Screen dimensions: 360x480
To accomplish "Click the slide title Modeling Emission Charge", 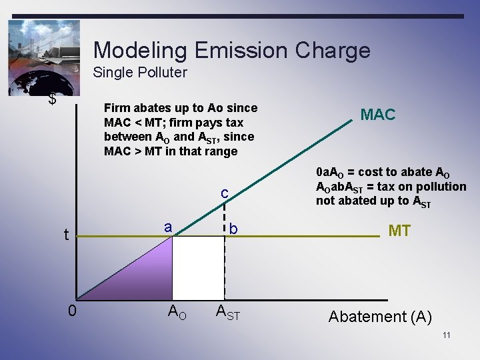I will pyautogui.click(x=231, y=50).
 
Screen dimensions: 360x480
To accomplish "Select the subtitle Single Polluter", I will pyautogui.click(x=140, y=72).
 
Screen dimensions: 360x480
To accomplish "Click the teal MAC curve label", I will pyautogui.click(x=377, y=115).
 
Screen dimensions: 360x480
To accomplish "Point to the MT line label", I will pyautogui.click(x=399, y=231).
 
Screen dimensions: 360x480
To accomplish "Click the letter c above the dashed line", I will pyautogui.click(x=225, y=193).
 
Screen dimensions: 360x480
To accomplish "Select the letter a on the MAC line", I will pyautogui.click(x=169, y=227).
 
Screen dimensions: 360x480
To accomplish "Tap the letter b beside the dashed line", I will pyautogui.click(x=233, y=229).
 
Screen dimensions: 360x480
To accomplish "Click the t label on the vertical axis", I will pyautogui.click(x=65, y=235).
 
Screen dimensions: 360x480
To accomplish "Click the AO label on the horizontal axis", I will pyautogui.click(x=176, y=311).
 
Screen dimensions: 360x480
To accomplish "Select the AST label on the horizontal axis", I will pyautogui.click(x=227, y=311).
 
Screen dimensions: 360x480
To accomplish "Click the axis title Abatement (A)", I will pyautogui.click(x=380, y=317).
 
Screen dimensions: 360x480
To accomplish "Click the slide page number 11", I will pyautogui.click(x=446, y=335).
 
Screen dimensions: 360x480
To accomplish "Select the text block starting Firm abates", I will pyautogui.click(x=180, y=130).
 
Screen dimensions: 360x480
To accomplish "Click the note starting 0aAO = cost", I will pyautogui.click(x=391, y=186).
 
